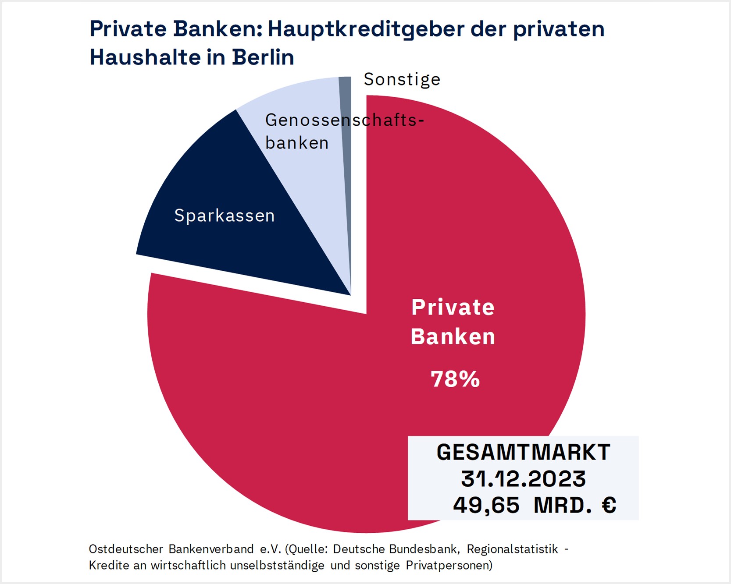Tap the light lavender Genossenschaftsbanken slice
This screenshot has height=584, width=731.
point(307,175)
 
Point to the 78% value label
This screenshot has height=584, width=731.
point(455,379)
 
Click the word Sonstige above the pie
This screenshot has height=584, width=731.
point(402,80)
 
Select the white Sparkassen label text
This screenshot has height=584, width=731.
point(225,216)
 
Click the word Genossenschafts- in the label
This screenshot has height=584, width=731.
point(344,120)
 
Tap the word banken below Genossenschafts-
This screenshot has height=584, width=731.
point(297,143)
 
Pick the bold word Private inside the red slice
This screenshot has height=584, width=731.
point(453,307)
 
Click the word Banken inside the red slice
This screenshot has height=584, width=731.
point(453,337)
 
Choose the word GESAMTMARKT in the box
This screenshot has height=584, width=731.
point(523,452)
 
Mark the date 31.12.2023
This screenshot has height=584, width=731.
point(523,479)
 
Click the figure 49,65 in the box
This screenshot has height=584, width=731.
point(486,505)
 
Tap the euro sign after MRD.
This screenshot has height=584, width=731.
point(609,505)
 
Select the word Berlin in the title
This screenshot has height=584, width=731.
point(263,57)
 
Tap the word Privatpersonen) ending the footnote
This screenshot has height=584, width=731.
point(449,566)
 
